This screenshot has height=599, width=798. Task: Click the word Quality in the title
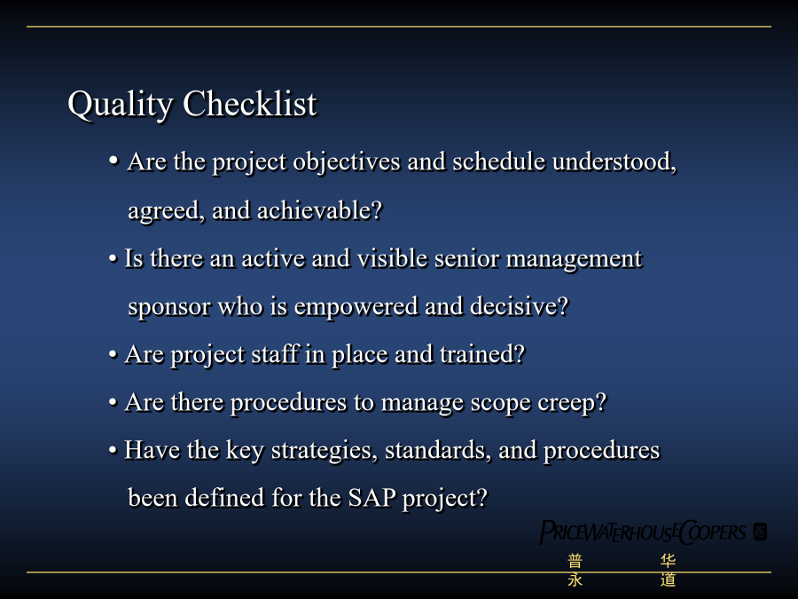(x=120, y=105)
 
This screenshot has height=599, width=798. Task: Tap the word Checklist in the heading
(x=250, y=104)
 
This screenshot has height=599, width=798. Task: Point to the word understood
(x=614, y=162)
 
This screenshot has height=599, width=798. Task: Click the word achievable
(x=319, y=209)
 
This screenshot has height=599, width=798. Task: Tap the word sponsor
(x=169, y=308)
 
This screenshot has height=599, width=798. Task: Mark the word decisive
(x=519, y=306)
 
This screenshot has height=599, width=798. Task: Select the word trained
(x=482, y=354)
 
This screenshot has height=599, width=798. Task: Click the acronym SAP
(x=372, y=498)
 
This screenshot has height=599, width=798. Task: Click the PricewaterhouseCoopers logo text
(x=643, y=532)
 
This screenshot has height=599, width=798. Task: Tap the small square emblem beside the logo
(x=761, y=532)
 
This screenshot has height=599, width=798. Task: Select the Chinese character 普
(x=575, y=562)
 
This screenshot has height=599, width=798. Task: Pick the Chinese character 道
(x=668, y=579)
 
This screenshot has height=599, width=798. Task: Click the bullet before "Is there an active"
(x=113, y=259)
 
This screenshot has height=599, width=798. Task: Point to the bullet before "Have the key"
(x=113, y=450)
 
